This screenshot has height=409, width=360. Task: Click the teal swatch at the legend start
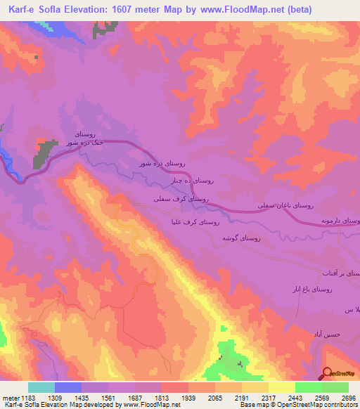pos(41,387)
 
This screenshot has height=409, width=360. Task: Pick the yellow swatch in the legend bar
pos(282,387)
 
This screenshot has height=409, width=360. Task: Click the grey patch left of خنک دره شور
pos(44,152)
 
